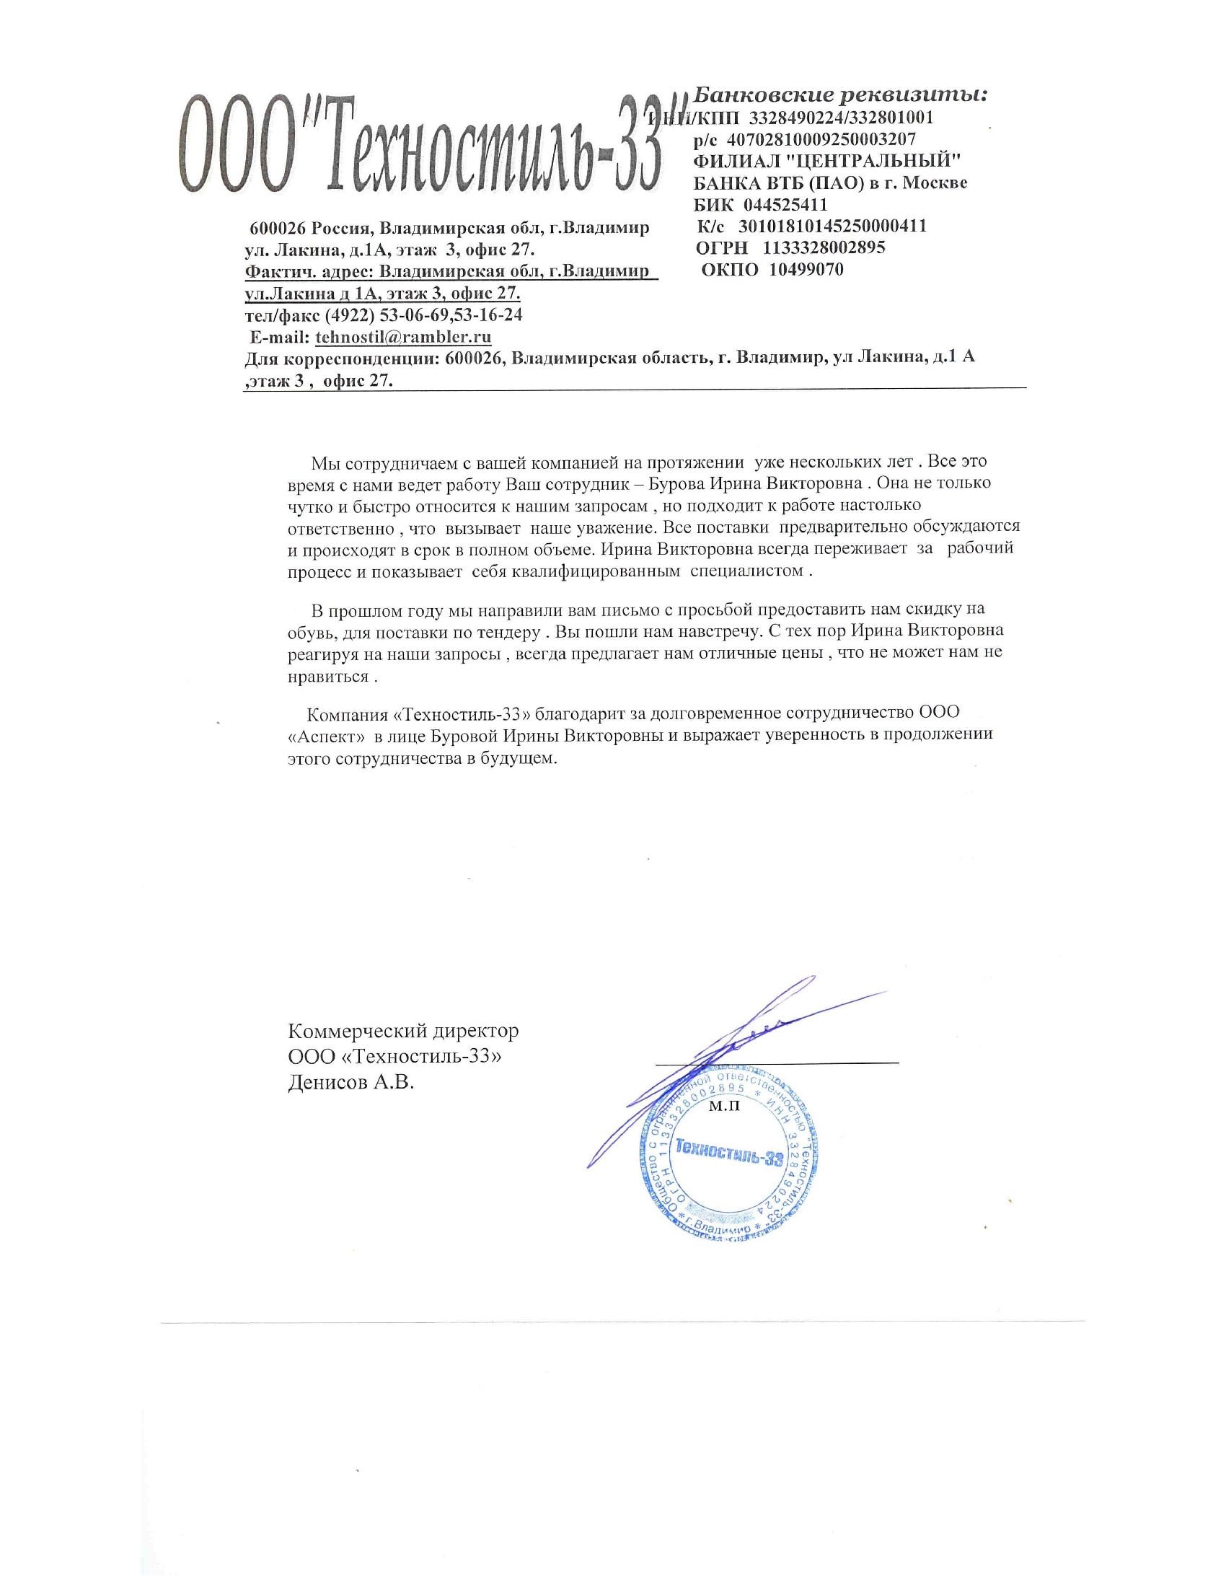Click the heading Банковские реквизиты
coord(840,95)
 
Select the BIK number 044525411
coord(785,204)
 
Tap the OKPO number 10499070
coord(806,270)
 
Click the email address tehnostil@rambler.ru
coord(403,337)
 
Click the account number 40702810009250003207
coord(821,139)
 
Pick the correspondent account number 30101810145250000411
coord(832,226)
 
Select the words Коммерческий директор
coord(403,1030)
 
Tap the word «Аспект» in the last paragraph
coord(326,735)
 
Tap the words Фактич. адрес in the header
coord(309,272)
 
